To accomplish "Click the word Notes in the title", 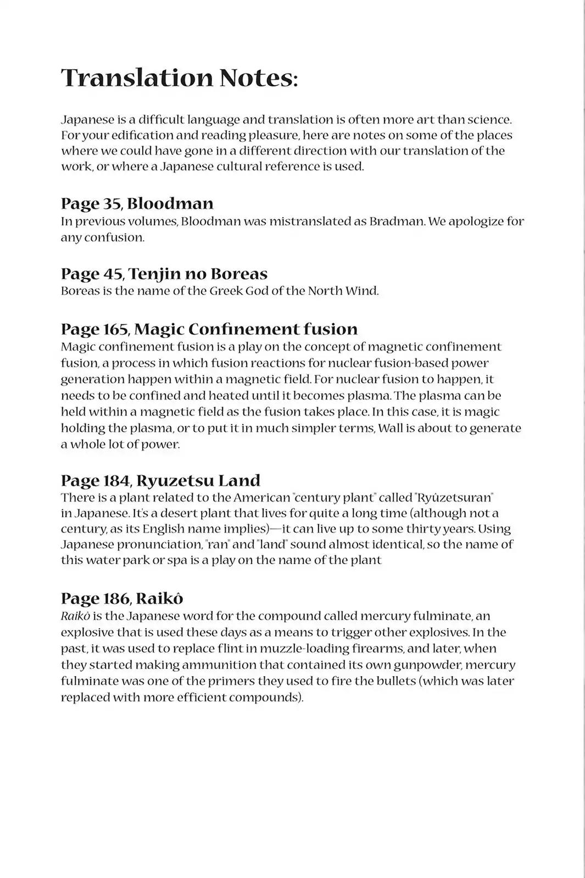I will click(258, 78).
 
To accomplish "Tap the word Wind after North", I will click(361, 291).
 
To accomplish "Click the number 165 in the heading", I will click(116, 329).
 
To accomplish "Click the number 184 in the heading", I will click(116, 481).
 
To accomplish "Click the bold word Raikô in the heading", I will click(159, 598).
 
